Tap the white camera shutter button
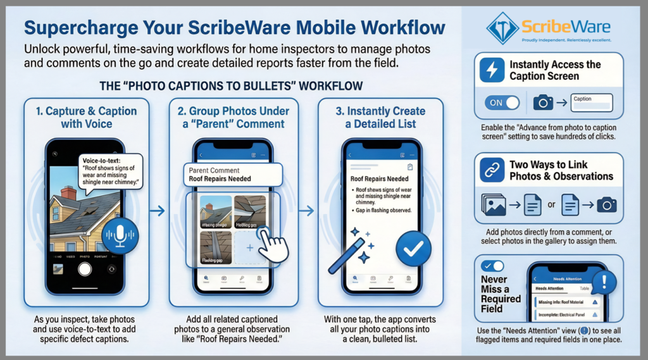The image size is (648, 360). [x=85, y=268]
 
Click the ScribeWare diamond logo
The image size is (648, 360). [x=502, y=28]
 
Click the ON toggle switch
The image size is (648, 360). [x=502, y=102]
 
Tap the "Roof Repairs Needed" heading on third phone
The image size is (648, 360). [x=380, y=179]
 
